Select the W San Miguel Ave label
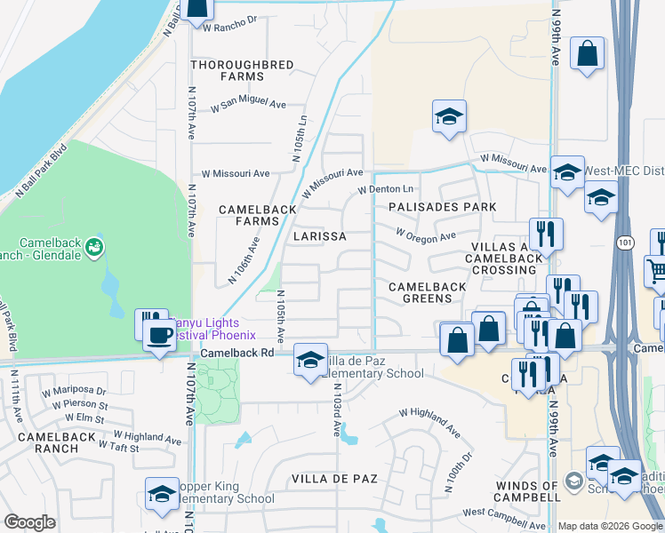pos(248,106)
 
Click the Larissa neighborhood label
pos(319,237)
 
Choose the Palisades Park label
pos(442,207)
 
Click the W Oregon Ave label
pos(426,235)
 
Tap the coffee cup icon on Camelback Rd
pos(160,336)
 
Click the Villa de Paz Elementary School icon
pos(310,360)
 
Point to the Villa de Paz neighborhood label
pos(334,479)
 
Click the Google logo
pos(30,522)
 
